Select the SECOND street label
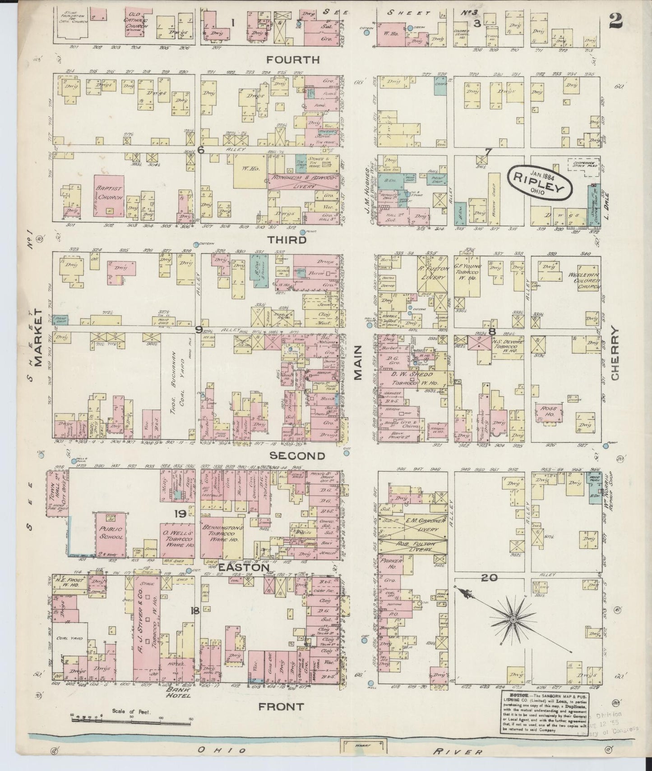click(298, 456)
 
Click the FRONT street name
click(281, 707)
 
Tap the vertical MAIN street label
click(359, 363)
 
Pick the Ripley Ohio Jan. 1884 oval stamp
click(540, 181)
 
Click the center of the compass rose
click(513, 620)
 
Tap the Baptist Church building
click(109, 194)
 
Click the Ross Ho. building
click(547, 411)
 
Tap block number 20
click(489, 578)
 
